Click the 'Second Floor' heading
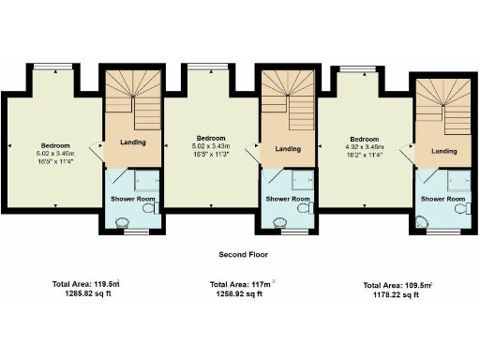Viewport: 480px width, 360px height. pos(239,254)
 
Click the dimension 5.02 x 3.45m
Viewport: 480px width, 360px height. pos(53,153)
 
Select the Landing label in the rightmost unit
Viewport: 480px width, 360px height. pos(443,151)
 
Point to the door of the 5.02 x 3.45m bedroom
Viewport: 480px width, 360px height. pos(97,148)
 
